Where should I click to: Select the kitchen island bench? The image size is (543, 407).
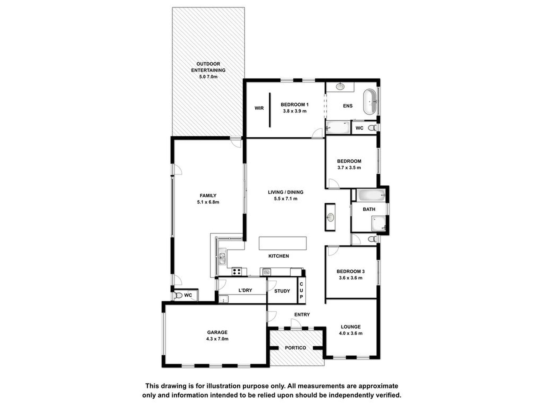[x=283, y=243]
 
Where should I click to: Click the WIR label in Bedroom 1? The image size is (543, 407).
[x=259, y=108]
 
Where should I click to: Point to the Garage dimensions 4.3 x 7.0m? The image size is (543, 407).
[x=217, y=339]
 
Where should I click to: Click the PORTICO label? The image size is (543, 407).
[x=296, y=348]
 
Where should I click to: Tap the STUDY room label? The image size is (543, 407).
[x=282, y=291]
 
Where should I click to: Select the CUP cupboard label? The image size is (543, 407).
[x=301, y=290]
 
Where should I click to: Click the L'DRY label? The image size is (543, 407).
[x=245, y=290]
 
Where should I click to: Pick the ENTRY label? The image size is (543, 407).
[x=302, y=314]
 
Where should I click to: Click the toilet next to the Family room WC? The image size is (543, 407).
[x=178, y=296]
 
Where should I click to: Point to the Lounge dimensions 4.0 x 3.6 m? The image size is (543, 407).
[x=351, y=333]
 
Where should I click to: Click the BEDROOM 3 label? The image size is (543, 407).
[x=351, y=271]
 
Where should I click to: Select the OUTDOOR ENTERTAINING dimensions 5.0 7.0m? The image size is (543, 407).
[x=208, y=77]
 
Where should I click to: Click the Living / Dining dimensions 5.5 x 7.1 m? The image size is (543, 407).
[x=286, y=199]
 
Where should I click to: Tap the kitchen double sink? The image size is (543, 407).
[x=222, y=256]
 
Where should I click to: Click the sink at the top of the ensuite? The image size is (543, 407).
[x=340, y=86]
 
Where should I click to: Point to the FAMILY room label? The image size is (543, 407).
[x=208, y=196]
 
